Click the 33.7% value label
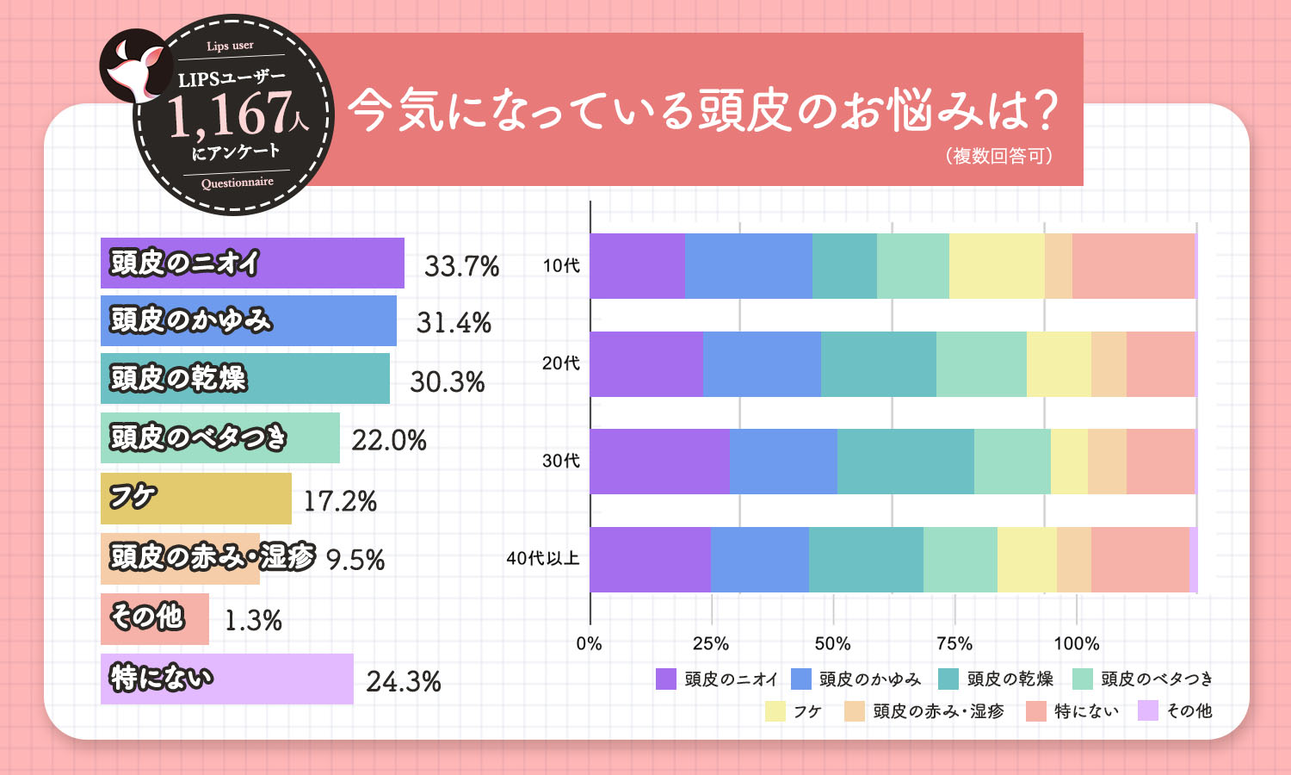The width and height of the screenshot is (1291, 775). point(461,266)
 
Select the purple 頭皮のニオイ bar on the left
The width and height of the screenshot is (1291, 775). point(252,263)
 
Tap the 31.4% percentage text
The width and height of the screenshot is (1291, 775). point(454,323)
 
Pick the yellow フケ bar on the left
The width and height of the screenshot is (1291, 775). point(196,499)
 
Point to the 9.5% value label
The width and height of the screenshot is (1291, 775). point(355,560)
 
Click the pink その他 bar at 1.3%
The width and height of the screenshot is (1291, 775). point(155,618)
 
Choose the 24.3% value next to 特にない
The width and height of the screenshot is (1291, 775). point(404,681)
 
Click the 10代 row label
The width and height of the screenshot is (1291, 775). point(561,266)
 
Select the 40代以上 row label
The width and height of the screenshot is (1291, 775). point(542,558)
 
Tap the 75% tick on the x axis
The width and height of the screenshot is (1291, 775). point(954,643)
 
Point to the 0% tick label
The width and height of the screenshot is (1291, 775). point(589,643)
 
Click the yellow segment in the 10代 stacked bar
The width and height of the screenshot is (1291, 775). point(996,266)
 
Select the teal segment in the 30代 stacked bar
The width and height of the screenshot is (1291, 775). point(905,462)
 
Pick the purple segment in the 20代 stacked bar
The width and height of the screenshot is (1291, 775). point(646,363)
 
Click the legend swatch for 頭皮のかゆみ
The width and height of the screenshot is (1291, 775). point(801,679)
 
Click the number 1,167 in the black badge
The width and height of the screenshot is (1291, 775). point(228,115)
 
